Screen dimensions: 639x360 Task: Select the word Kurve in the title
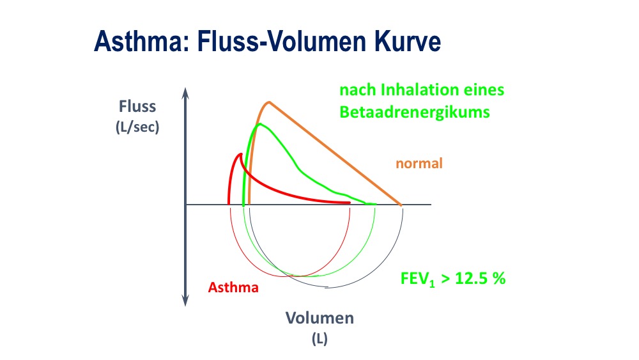click(x=408, y=41)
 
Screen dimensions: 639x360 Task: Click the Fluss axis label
click(x=137, y=106)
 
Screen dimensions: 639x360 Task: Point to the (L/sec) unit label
click(x=137, y=127)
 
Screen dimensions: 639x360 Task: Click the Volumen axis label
click(x=319, y=318)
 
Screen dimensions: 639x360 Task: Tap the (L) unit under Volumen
click(x=319, y=339)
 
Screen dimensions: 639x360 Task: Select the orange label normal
click(x=419, y=164)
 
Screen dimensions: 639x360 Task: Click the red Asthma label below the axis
click(x=233, y=288)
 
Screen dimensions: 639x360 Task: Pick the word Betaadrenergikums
click(x=415, y=113)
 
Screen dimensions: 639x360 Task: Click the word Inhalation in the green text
click(x=410, y=90)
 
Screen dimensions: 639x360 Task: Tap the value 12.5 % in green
click(x=480, y=278)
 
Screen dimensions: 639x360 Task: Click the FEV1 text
click(x=418, y=279)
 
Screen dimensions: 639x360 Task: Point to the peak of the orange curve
click(x=269, y=102)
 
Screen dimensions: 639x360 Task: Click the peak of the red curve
click(x=241, y=154)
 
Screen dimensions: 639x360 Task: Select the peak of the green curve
click(x=259, y=124)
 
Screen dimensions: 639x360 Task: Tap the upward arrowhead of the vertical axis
click(x=185, y=92)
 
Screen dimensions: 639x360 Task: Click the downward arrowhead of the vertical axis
click(x=185, y=301)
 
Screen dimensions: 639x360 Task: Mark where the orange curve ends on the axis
click(x=401, y=205)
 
